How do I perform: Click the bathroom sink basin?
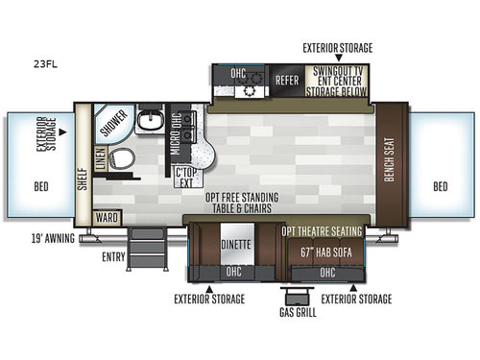coord(149,121)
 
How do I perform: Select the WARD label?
coord(107,218)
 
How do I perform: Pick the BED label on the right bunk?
coord(439,185)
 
